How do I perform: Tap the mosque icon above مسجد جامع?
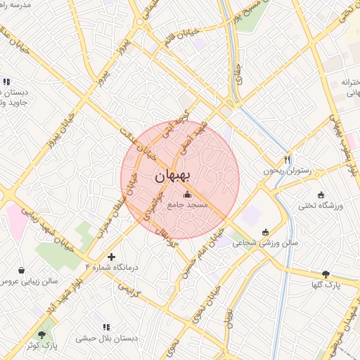pyautogui.click(x=187, y=195)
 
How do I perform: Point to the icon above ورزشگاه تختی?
pyautogui.click(x=321, y=195)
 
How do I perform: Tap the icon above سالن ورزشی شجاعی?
pyautogui.click(x=265, y=232)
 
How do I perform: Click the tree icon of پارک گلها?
pyautogui.click(x=326, y=274)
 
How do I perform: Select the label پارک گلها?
pyautogui.click(x=326, y=285)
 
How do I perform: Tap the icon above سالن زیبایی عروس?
pyautogui.click(x=21, y=270)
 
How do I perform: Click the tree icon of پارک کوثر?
pyautogui.click(x=44, y=335)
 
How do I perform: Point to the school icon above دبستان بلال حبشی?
pyautogui.click(x=107, y=327)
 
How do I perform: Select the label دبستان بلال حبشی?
pyautogui.click(x=107, y=338)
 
